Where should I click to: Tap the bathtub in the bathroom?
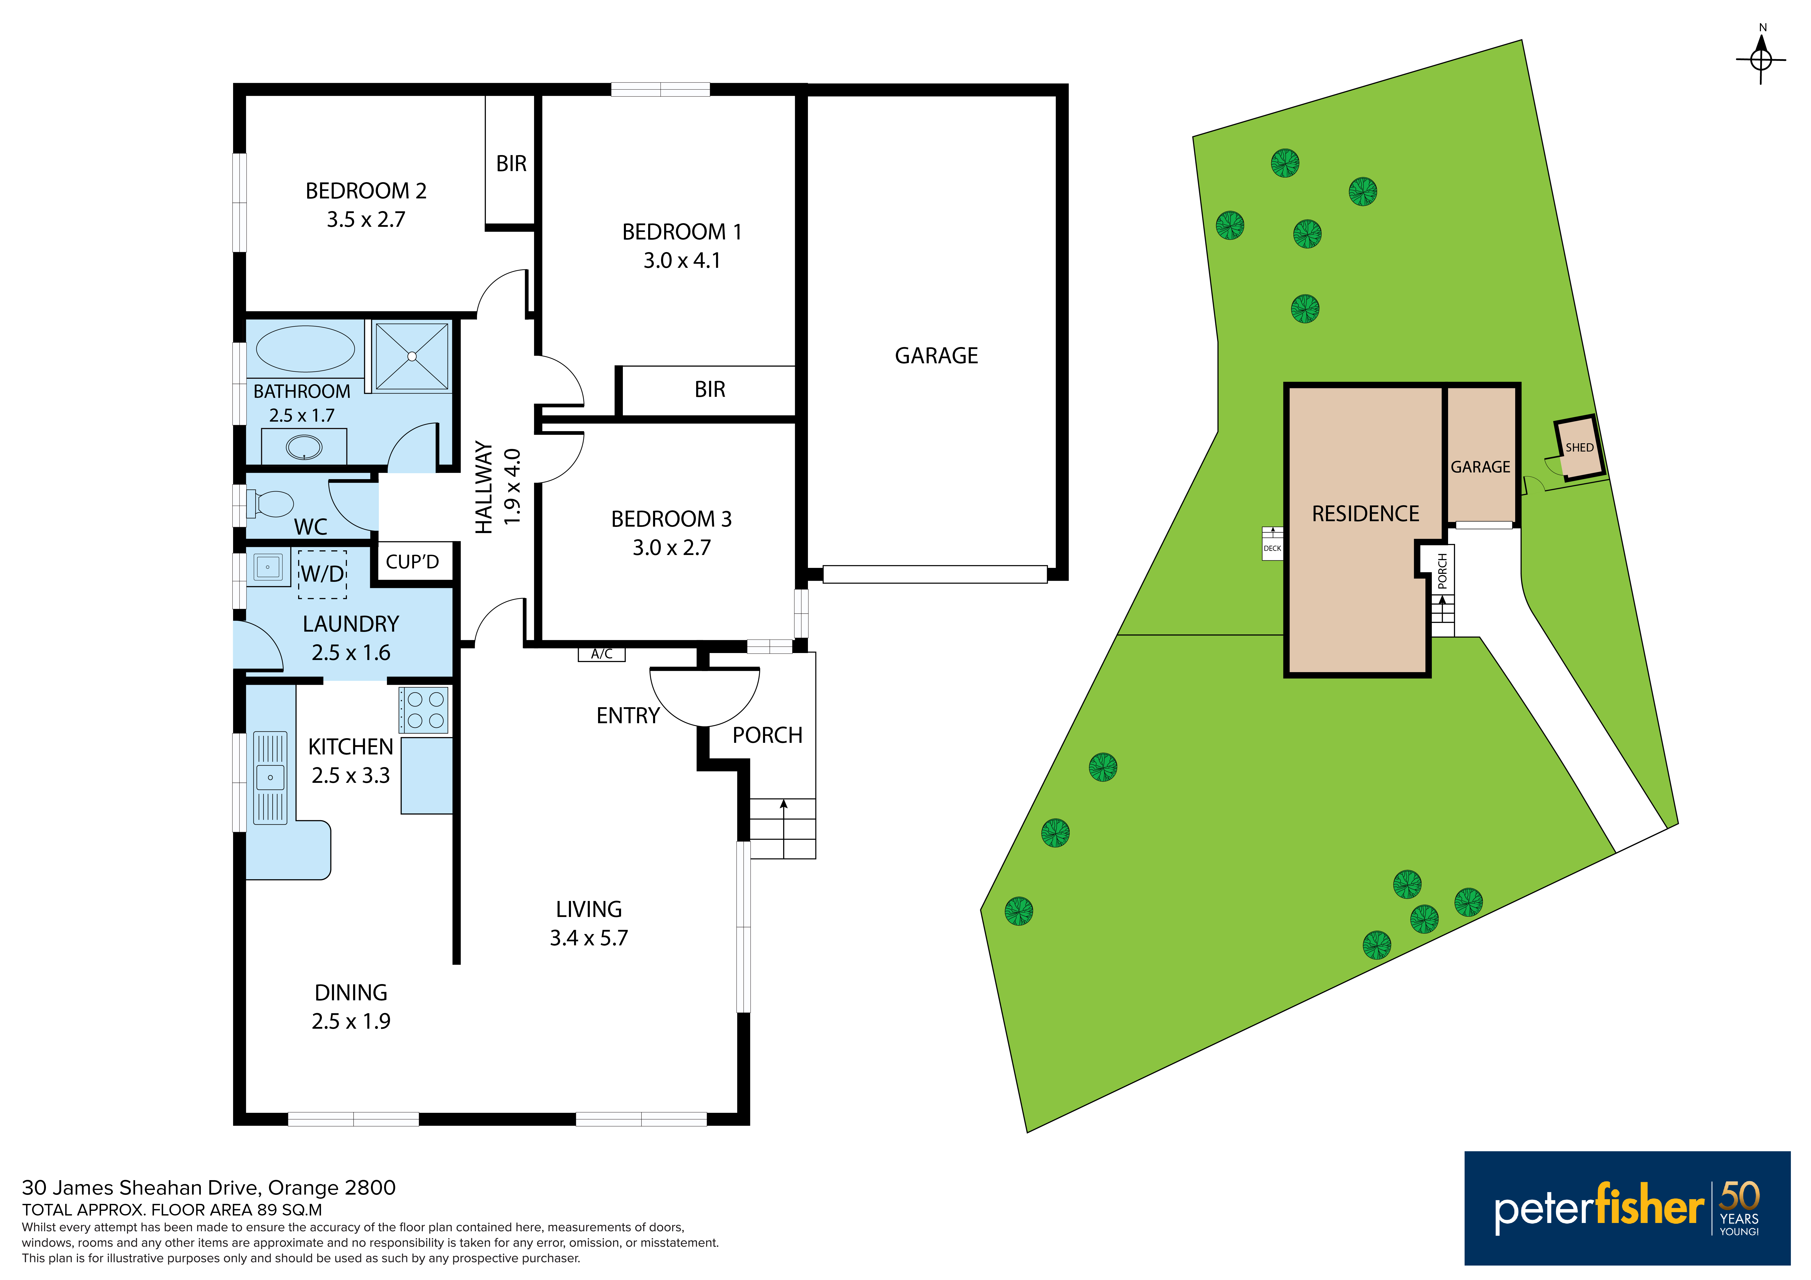point(305,349)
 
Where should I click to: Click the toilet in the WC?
point(270,503)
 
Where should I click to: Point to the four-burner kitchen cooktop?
point(425,709)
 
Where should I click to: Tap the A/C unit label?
point(602,654)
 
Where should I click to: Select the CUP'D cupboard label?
point(412,561)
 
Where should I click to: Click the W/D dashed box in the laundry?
point(323,574)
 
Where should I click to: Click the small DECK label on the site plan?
point(1272,548)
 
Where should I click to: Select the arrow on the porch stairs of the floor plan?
point(784,828)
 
